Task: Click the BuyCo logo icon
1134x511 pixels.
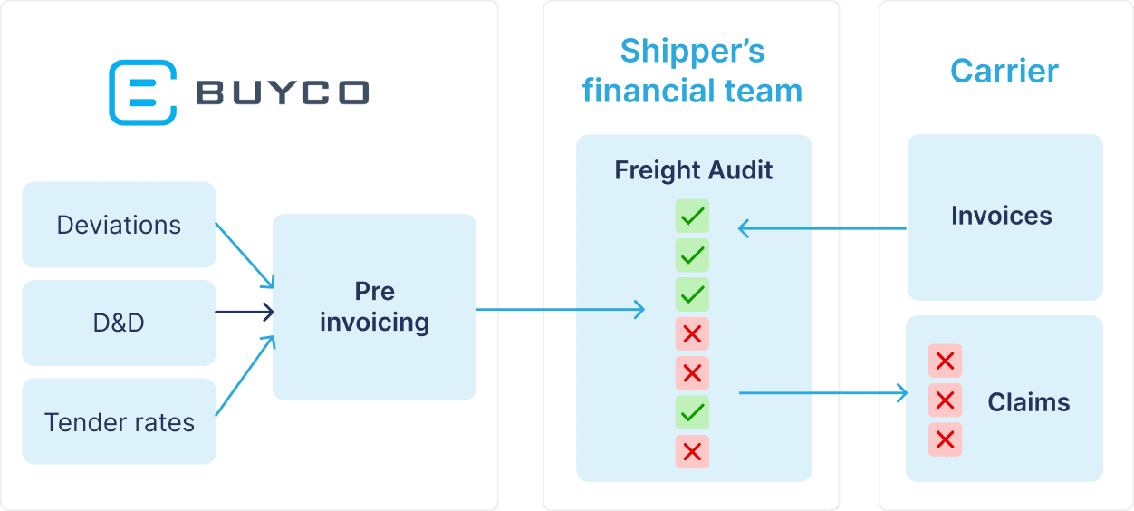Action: [141, 92]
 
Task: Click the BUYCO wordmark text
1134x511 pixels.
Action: [283, 92]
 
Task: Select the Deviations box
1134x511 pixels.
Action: [119, 225]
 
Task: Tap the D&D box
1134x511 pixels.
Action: [119, 323]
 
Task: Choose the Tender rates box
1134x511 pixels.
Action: [119, 422]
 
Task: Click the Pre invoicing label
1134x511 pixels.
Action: [374, 307]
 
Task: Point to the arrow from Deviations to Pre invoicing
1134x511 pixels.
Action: [245, 254]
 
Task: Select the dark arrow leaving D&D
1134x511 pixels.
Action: [244, 313]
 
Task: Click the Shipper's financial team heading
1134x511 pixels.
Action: [692, 71]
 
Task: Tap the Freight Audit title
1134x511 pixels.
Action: [694, 170]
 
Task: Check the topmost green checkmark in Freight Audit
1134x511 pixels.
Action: [692, 217]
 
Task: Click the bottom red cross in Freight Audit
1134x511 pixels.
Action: [692, 452]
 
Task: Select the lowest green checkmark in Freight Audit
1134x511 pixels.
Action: [692, 413]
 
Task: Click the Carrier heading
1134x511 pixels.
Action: [1004, 71]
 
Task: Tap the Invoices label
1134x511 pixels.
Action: [1001, 216]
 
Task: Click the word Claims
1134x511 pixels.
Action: [1028, 402]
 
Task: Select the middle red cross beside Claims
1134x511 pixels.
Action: [945, 400]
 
